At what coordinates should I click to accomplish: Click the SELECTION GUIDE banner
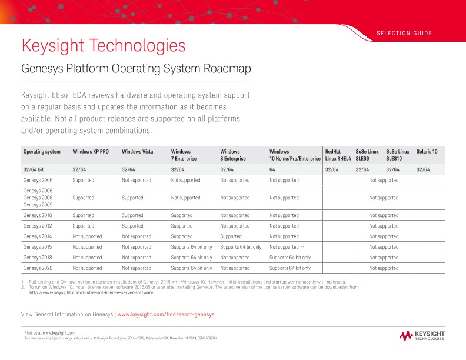point(404,33)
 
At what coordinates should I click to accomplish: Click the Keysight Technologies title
point(104,45)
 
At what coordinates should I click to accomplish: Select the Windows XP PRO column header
point(91,152)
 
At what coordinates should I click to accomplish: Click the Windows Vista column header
point(138,152)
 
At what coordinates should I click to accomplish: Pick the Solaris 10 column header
point(427,152)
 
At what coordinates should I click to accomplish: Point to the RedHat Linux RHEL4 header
point(338,155)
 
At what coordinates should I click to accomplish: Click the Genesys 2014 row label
point(38,236)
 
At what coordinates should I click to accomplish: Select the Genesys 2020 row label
point(38,268)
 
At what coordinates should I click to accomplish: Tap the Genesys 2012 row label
point(38,226)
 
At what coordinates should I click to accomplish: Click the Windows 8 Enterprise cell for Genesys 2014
point(234,236)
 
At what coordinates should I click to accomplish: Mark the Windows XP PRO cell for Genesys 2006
point(83,180)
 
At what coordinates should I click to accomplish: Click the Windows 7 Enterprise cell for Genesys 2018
point(191,258)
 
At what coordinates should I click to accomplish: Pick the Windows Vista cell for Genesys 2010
point(132,215)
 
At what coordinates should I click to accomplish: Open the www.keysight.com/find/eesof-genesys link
point(166,315)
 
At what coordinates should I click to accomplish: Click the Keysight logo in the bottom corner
point(422,336)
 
